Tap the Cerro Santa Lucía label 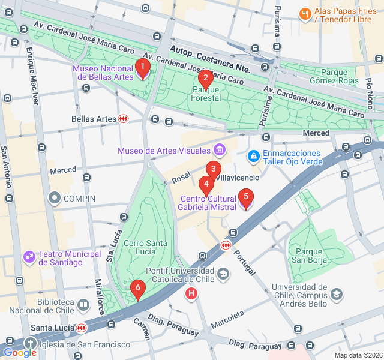pyautogui.click(x=145, y=248)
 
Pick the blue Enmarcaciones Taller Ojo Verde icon pyautogui.click(x=254, y=157)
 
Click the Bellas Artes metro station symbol pyautogui.click(x=124, y=119)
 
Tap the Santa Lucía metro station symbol pyautogui.click(x=80, y=328)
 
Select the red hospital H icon pyautogui.click(x=191, y=293)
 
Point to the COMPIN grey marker pyautogui.click(x=55, y=197)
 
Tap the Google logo pyautogui.click(x=19, y=353)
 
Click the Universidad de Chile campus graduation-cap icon pyautogui.click(x=337, y=294)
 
